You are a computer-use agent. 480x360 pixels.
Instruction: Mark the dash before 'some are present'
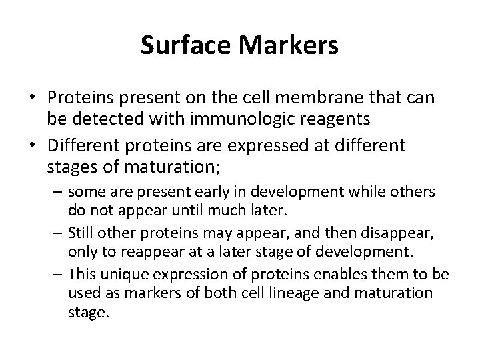click(58, 192)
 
